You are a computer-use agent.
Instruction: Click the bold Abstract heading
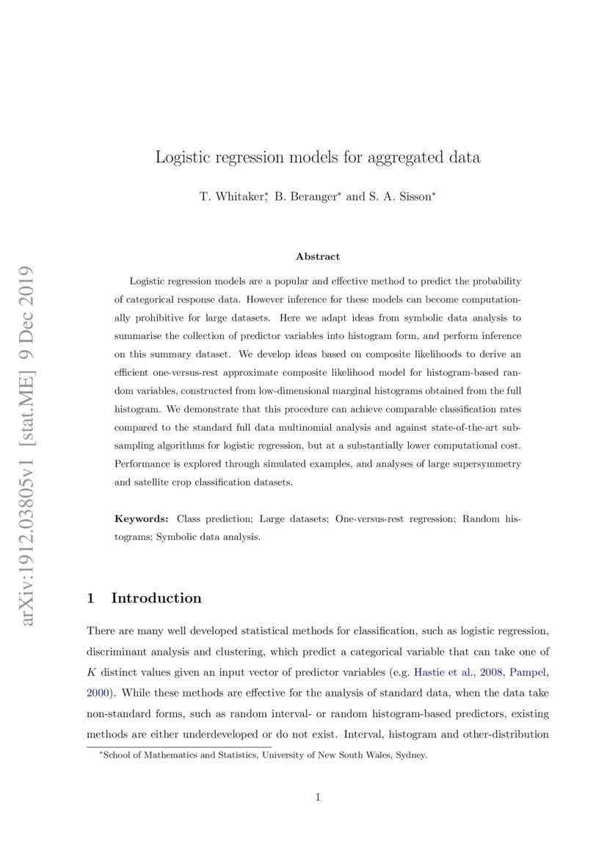(x=318, y=256)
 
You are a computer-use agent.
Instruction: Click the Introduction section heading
(x=156, y=598)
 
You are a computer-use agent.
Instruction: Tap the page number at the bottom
(x=318, y=797)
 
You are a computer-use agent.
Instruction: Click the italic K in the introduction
(x=91, y=671)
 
